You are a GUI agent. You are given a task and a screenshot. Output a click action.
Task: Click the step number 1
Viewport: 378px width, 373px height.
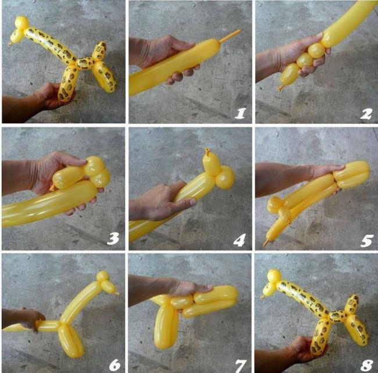click(x=240, y=113)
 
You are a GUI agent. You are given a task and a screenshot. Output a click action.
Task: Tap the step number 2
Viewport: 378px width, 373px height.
click(x=366, y=114)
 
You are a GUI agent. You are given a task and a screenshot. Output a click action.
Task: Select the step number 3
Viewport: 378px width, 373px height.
click(x=113, y=239)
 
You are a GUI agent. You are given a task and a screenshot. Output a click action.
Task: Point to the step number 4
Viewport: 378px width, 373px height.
click(x=240, y=240)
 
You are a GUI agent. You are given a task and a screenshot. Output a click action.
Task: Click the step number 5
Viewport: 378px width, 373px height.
click(x=367, y=241)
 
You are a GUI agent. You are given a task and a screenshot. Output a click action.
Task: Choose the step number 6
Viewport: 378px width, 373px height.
click(x=115, y=365)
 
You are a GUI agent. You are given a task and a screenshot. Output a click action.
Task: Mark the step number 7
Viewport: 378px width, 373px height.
click(x=241, y=365)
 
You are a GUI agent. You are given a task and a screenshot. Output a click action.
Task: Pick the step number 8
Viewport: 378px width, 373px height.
click(x=367, y=365)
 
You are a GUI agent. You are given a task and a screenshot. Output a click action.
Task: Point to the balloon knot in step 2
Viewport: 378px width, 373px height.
click(x=280, y=87)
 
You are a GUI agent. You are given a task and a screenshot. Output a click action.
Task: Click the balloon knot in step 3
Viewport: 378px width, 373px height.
click(x=52, y=188)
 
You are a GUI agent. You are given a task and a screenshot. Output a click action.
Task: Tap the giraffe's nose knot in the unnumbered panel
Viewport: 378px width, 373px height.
click(x=10, y=44)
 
